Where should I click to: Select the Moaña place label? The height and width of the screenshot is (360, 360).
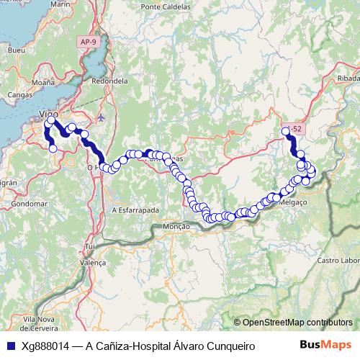(43, 83)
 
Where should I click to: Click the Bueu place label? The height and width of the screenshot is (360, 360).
(14, 50)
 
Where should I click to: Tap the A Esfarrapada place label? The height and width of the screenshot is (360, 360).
(135, 210)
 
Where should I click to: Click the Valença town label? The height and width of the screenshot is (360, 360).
(92, 264)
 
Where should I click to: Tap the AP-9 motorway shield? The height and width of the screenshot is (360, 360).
(89, 42)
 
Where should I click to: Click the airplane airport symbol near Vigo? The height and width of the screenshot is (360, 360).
(100, 116)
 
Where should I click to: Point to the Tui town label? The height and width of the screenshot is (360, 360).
(90, 246)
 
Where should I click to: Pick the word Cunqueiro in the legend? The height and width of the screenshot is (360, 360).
(230, 346)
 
